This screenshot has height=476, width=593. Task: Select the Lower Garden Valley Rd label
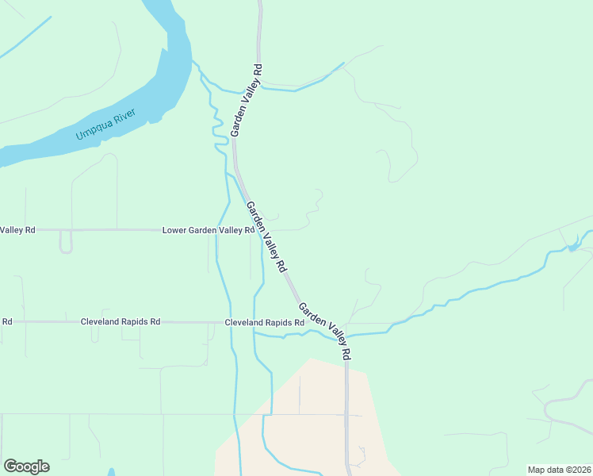point(208,230)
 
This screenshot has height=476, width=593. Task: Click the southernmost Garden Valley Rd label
point(324,332)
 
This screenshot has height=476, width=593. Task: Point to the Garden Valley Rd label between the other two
point(266,237)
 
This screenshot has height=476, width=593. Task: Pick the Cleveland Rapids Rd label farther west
point(121,322)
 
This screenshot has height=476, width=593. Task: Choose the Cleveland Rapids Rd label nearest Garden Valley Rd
point(264,323)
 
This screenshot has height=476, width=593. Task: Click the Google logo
point(26,466)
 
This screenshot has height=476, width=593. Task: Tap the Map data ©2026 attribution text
point(560,469)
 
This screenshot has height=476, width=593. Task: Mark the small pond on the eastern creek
point(572,248)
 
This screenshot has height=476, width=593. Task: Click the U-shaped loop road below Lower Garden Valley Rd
point(66,243)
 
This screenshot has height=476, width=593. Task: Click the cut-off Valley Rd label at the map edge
point(17,230)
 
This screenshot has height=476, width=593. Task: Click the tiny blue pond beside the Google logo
point(111,472)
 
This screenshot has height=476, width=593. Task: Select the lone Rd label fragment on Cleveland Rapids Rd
point(6,321)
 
